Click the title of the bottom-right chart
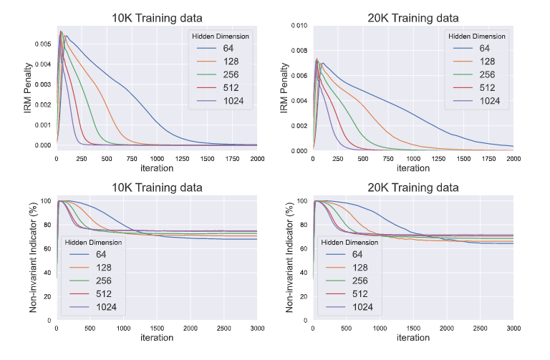pyautogui.click(x=413, y=188)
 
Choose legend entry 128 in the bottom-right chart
pyautogui.click(x=360, y=268)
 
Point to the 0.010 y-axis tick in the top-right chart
pyautogui.click(x=298, y=25)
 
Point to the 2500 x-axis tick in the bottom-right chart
pyautogui.click(x=480, y=327)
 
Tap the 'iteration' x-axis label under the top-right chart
pyautogui.click(x=413, y=168)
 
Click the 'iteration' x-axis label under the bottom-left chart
pyautogui.click(x=156, y=337)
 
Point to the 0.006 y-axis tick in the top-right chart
pyautogui.click(x=298, y=75)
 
